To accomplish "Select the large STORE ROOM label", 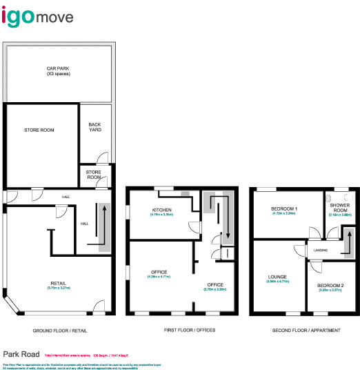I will [x=39, y=130].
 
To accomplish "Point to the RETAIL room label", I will [x=59, y=284].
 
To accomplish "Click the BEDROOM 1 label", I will [x=283, y=208].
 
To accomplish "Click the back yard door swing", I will [x=101, y=157].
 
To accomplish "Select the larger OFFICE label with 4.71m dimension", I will [x=159, y=272].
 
